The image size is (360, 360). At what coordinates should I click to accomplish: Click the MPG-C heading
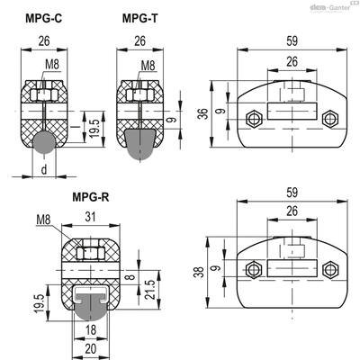[44, 19]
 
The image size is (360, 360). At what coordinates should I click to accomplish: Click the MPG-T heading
[139, 19]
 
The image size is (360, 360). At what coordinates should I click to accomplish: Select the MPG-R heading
[91, 197]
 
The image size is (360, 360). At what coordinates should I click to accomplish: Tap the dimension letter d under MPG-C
[44, 170]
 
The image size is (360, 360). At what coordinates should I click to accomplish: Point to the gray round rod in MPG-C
[44, 142]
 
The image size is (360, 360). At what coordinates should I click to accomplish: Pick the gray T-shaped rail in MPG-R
[90, 307]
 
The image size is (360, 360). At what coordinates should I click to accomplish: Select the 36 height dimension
[204, 114]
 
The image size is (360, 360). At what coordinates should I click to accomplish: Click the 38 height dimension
[200, 272]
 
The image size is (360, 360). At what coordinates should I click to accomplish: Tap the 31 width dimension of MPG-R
[90, 217]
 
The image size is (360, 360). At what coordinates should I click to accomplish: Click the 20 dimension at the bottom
[91, 349]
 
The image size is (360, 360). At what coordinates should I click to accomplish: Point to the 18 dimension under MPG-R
[91, 330]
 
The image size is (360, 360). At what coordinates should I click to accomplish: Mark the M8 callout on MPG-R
[44, 220]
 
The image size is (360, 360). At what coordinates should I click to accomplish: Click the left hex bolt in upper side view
[254, 119]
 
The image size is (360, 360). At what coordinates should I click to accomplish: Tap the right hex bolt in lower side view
[330, 270]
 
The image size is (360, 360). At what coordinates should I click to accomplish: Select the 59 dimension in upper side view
[292, 41]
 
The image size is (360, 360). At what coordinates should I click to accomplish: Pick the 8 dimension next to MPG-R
[130, 276]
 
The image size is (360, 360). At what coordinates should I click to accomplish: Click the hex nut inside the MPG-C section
[44, 95]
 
